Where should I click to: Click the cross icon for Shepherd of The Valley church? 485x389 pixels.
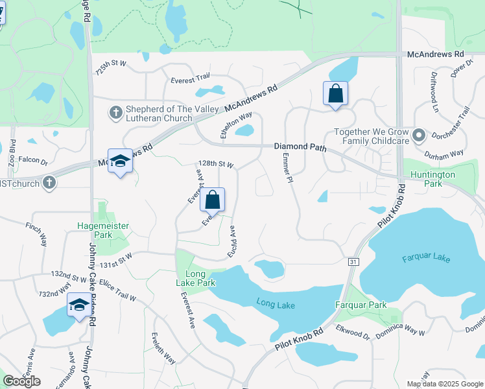coord(115,113)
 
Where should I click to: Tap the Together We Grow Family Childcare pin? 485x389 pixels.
coord(419,136)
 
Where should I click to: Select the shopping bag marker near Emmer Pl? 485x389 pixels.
coord(335,93)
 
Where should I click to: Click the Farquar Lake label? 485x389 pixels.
coord(425,259)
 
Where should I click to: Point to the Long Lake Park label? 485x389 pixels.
coord(196,278)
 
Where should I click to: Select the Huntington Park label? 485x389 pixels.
coord(433,179)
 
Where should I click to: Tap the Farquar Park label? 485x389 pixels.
coord(361,305)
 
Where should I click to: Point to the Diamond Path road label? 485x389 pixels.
coord(299,147)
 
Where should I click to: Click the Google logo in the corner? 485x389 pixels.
coord(22,381)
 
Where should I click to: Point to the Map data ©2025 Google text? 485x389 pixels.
coord(444,384)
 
